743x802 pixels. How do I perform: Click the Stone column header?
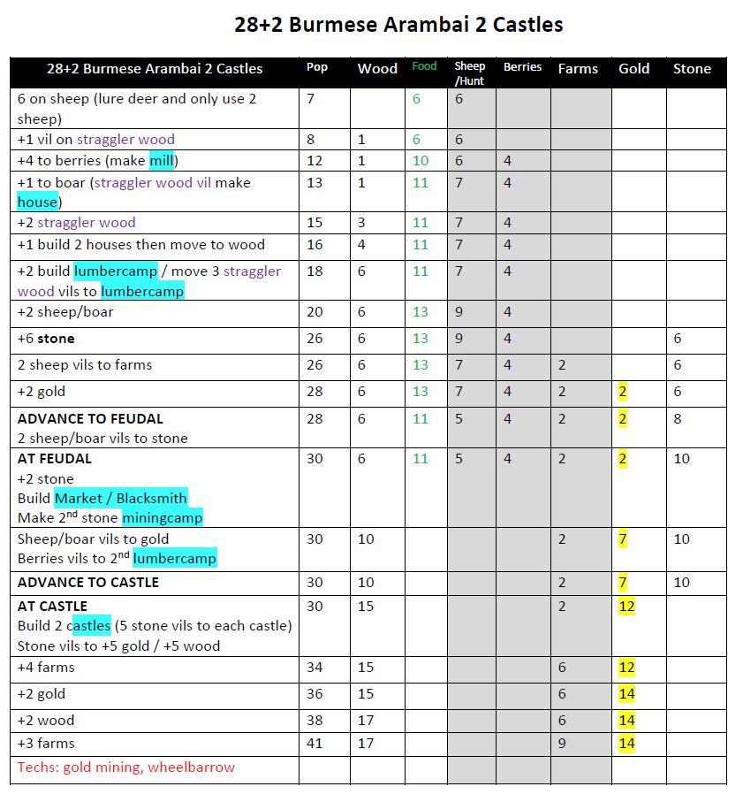(x=692, y=69)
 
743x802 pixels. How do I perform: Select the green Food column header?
(x=424, y=66)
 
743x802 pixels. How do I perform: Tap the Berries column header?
(x=522, y=67)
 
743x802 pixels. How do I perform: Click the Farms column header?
(x=578, y=69)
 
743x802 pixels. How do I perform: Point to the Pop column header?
(x=317, y=67)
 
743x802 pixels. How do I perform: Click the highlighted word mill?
(x=162, y=161)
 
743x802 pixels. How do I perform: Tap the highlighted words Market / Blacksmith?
(x=120, y=499)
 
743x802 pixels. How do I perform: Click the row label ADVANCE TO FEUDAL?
(x=90, y=419)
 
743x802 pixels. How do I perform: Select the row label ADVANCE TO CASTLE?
(x=88, y=583)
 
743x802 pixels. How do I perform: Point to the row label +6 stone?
(x=46, y=339)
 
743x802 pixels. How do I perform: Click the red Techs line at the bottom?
(x=126, y=768)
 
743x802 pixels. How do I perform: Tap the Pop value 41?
(x=315, y=744)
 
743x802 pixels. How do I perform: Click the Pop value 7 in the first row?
(x=311, y=99)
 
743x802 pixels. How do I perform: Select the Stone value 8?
(x=678, y=419)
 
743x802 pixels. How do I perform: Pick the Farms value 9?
(x=562, y=744)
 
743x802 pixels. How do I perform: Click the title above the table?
(x=398, y=24)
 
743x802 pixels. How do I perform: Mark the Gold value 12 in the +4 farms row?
(x=626, y=668)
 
